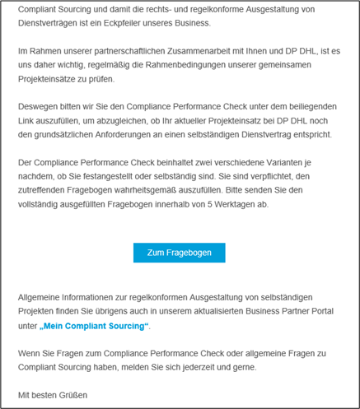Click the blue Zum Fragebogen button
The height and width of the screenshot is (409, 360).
pos(179,253)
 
